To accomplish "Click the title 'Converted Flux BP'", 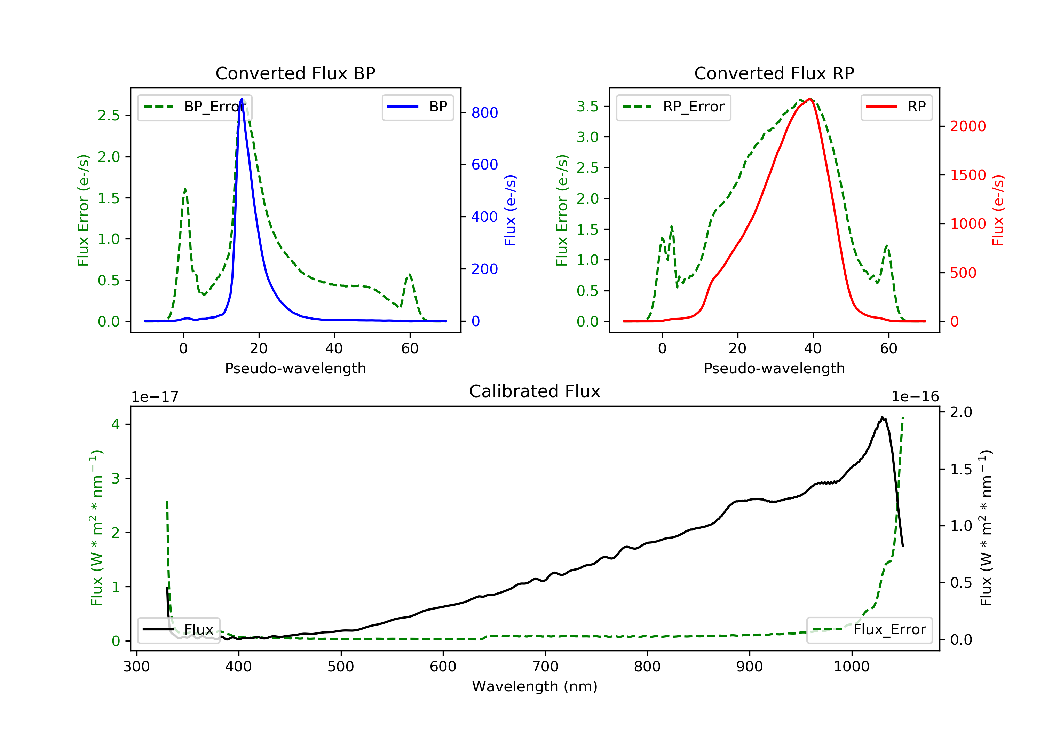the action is [295, 73].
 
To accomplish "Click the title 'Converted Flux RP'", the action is [774, 73].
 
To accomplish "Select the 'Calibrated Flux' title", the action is [535, 391].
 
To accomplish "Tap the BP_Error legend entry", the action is [195, 107].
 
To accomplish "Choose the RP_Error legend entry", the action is [673, 107].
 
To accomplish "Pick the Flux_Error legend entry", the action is [869, 630].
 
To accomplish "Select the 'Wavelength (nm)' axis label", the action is [535, 686].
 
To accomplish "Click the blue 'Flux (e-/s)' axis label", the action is [511, 210].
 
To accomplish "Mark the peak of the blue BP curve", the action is [242, 99].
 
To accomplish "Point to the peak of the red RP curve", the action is [810, 99].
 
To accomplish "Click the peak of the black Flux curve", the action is [882, 417].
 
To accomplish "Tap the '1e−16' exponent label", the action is [915, 397].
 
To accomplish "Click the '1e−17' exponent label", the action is [155, 397].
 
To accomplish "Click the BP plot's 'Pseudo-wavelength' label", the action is [295, 368].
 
